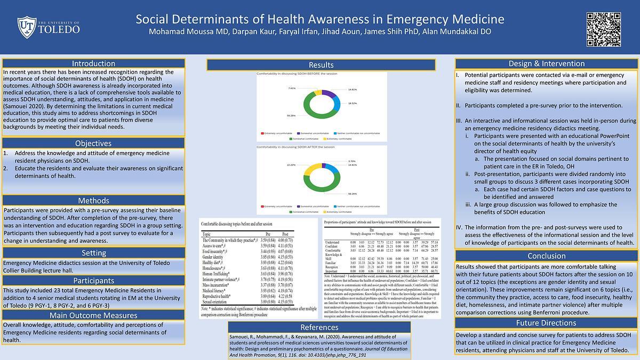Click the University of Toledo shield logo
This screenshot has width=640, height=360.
click(27, 27)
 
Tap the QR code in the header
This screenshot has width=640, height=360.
click(604, 28)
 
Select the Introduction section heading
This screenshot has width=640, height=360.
click(93, 63)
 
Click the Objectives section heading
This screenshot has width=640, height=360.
click(93, 143)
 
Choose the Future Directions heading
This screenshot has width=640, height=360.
click(547, 323)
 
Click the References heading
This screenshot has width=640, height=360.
click(319, 327)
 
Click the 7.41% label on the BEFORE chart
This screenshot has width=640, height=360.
click(292, 88)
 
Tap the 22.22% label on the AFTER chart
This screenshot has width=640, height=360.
click(291, 165)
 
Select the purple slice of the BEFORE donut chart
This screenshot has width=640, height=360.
click(330, 94)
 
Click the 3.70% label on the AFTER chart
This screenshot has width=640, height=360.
click(351, 161)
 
